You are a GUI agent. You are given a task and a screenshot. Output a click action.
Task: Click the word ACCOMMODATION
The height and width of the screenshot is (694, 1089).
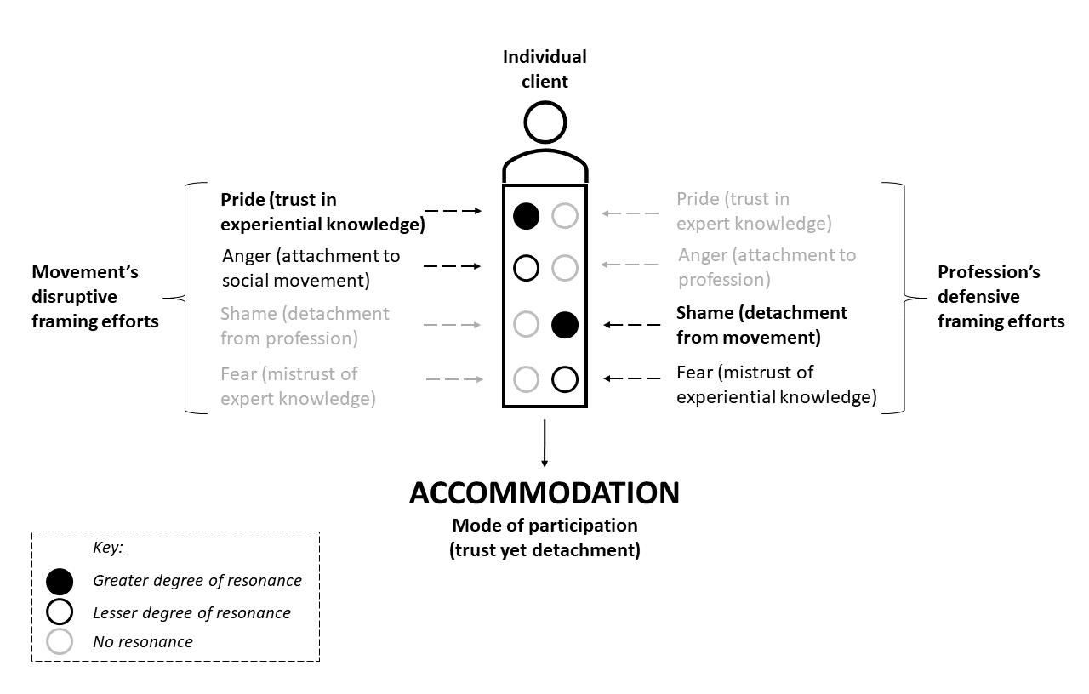[544, 494]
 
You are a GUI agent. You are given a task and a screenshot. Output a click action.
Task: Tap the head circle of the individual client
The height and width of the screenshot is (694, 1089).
[545, 122]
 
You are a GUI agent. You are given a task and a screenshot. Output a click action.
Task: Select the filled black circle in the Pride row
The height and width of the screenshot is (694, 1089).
[527, 216]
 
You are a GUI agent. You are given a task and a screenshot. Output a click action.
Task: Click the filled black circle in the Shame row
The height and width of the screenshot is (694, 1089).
[565, 324]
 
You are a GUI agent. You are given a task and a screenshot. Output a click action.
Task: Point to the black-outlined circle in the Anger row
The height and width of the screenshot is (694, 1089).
[527, 268]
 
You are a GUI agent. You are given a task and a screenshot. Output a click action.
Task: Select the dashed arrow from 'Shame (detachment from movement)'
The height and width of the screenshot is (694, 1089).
[631, 325]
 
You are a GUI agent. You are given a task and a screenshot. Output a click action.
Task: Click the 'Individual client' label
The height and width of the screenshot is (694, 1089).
[544, 69]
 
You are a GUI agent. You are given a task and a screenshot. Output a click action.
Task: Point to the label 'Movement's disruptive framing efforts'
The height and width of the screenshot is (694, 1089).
[95, 297]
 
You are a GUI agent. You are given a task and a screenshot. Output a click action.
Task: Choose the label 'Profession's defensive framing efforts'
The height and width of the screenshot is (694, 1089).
[1001, 297]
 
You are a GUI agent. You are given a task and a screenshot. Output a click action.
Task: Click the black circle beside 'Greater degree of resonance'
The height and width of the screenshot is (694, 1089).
[60, 582]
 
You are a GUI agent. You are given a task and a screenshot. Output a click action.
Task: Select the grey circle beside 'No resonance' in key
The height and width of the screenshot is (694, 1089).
[60, 641]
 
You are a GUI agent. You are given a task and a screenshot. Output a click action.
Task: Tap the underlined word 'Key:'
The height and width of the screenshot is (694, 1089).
[108, 548]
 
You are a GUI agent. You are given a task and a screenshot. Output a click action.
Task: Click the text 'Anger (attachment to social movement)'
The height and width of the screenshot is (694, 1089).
[311, 267]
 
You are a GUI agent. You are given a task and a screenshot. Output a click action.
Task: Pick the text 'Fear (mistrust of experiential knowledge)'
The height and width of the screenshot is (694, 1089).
[776, 384]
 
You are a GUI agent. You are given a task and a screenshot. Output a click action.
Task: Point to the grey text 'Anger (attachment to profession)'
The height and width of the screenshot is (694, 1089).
[767, 267]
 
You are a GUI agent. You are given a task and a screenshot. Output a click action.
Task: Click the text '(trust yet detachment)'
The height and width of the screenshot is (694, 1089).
[544, 549]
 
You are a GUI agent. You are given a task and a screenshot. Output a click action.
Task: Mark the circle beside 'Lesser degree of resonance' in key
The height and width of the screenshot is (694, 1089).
[60, 612]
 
